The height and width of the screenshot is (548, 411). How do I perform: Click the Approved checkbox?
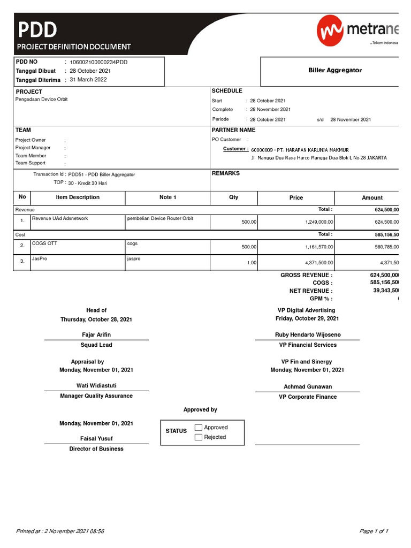[x=199, y=428]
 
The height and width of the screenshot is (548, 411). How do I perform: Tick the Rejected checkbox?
[x=199, y=437]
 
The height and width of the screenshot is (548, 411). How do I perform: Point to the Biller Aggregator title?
[x=335, y=70]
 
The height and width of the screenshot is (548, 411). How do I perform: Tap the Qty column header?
[x=234, y=197]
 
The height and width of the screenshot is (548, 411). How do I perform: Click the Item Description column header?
[x=78, y=197]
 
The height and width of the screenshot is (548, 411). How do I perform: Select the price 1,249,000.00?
[x=315, y=222]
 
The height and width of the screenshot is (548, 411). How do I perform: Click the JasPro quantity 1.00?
[x=251, y=263]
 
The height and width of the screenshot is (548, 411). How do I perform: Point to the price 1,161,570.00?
[x=315, y=247]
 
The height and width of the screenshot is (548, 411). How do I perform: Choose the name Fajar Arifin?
[x=96, y=334]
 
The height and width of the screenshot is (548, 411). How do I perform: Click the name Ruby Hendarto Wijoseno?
[x=307, y=335]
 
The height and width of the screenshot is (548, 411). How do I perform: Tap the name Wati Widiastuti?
[x=96, y=385]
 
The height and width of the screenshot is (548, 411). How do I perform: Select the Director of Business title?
[x=96, y=449]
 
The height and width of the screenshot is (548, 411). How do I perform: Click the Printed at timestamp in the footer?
[x=60, y=531]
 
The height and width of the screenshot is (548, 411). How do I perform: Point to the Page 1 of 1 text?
[x=374, y=531]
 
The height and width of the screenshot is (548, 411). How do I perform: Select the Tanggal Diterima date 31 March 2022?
[x=88, y=80]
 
